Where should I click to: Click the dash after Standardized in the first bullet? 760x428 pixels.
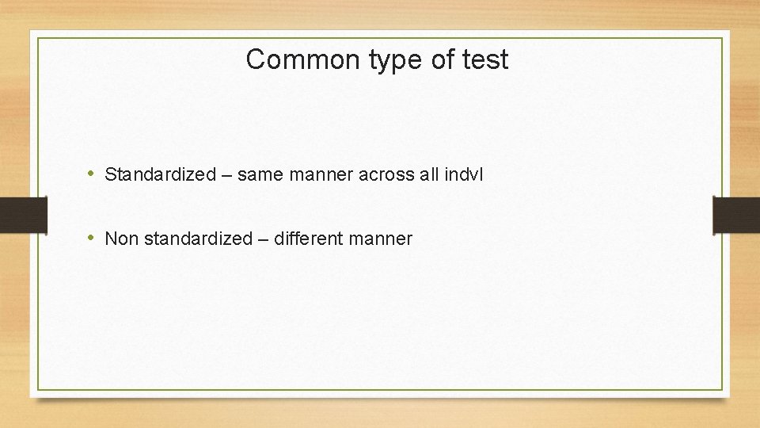[x=226, y=174]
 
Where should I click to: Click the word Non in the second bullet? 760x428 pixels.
[x=121, y=239]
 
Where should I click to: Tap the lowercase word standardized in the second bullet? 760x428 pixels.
[x=197, y=239]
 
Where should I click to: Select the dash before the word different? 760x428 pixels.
[x=263, y=239]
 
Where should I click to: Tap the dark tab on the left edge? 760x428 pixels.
[x=23, y=215]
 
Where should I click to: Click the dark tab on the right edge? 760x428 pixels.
[x=736, y=215]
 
